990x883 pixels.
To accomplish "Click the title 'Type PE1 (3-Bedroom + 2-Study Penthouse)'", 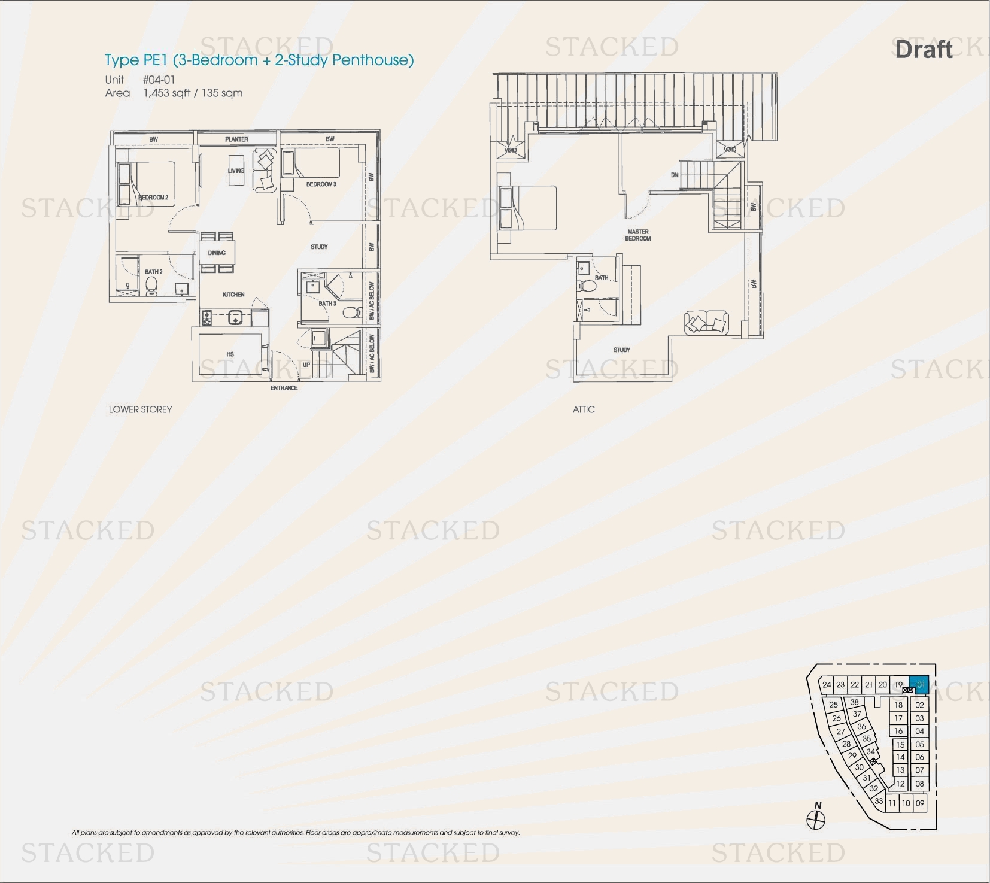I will coord(259,60).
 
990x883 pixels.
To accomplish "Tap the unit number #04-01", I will coord(159,80).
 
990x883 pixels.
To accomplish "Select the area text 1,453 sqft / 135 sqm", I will coord(193,93).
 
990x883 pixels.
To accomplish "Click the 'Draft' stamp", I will coord(924,50).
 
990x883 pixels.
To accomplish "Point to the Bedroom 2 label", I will coord(154,198).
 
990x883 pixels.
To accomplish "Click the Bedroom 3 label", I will coord(321,184).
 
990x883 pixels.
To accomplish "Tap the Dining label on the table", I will coord(217,253).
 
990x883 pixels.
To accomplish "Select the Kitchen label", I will coord(233,295).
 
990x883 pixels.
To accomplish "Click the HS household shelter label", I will coord(230,354).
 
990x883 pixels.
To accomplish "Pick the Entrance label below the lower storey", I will coord(284,388).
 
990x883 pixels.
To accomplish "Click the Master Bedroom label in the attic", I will coord(638,235).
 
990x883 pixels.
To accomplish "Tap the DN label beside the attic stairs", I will coord(675,175).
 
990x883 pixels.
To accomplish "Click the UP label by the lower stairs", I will coord(306,365).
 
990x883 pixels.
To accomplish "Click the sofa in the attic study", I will coord(706,323).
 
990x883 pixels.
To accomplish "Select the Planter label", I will coord(236,139).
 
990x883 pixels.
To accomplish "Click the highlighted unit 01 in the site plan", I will coord(920,685).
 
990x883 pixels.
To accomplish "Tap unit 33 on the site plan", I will coord(878,801).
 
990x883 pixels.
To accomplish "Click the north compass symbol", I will coord(816,819).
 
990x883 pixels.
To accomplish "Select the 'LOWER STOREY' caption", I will coord(140,409).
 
